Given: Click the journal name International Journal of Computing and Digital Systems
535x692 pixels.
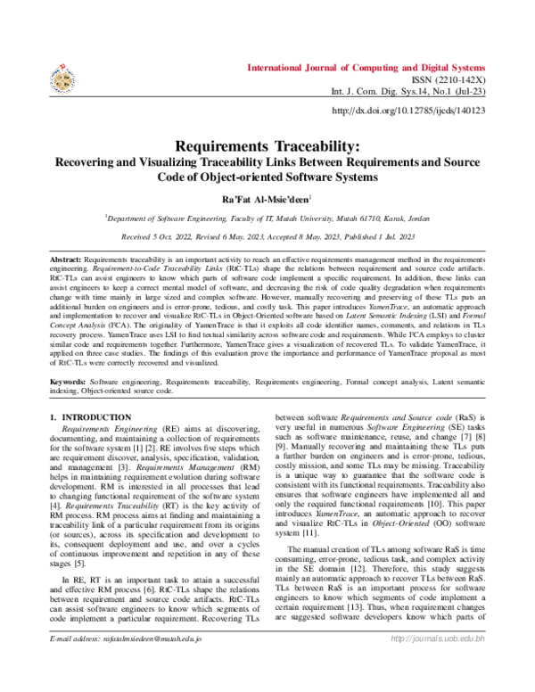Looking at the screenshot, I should [x=366, y=68].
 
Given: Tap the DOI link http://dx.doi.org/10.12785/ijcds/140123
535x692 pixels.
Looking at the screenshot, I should [x=408, y=111].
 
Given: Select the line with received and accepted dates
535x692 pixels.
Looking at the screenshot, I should [x=267, y=236].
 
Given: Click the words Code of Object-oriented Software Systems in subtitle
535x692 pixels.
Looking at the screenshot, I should [x=267, y=177].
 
